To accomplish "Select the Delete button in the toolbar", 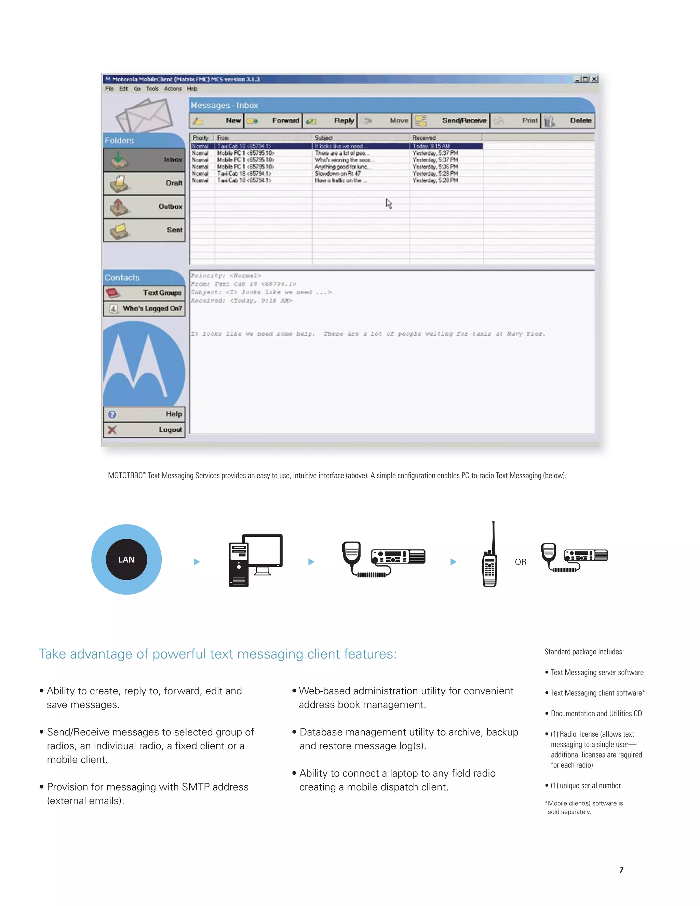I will point(569,121).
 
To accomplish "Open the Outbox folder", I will point(144,206).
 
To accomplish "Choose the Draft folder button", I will point(144,183).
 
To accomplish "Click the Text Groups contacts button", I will point(144,293).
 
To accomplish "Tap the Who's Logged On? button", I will point(144,309).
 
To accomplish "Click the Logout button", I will point(144,430).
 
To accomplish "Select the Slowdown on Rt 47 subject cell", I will point(338,173).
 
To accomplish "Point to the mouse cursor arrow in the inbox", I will point(389,203).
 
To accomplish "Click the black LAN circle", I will point(126,560).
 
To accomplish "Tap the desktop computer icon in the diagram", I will point(255,560).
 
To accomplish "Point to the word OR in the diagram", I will point(521,562).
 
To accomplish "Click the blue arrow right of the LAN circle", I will point(197,562).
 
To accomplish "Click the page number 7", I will point(621,870).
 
